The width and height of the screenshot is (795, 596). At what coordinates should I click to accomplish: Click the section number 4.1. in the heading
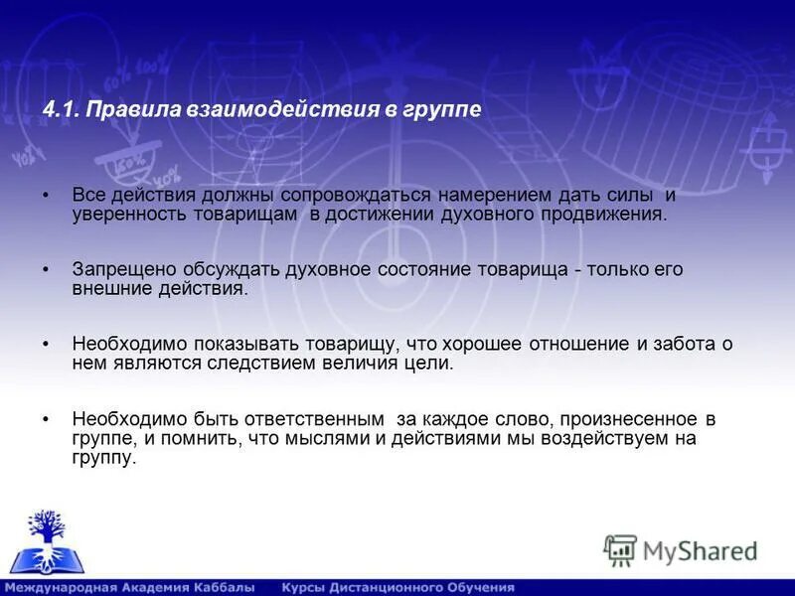[62, 110]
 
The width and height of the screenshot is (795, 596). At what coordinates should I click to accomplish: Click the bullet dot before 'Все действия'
[48, 196]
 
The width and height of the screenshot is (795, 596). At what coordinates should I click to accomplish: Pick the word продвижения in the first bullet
[603, 215]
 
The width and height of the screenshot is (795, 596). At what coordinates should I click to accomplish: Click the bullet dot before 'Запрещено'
[48, 270]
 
